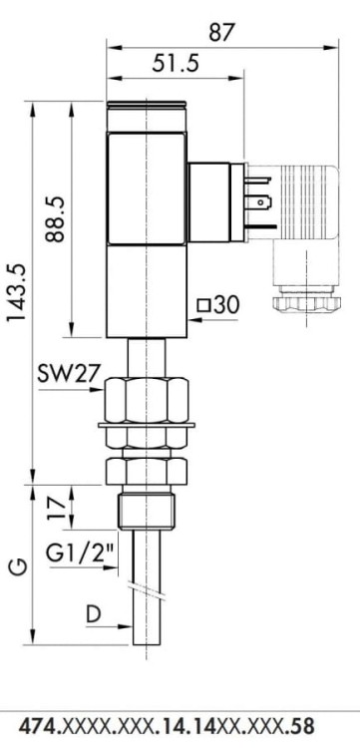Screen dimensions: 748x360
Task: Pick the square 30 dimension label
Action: [217, 305]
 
